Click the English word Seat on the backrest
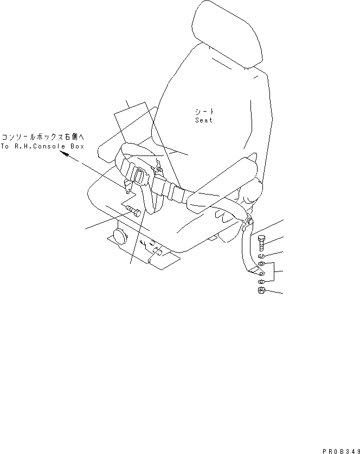204,120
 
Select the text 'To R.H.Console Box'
42,147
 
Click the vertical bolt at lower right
261,242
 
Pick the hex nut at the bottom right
261,291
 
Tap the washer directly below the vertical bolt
261,255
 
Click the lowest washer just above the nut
261,282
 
